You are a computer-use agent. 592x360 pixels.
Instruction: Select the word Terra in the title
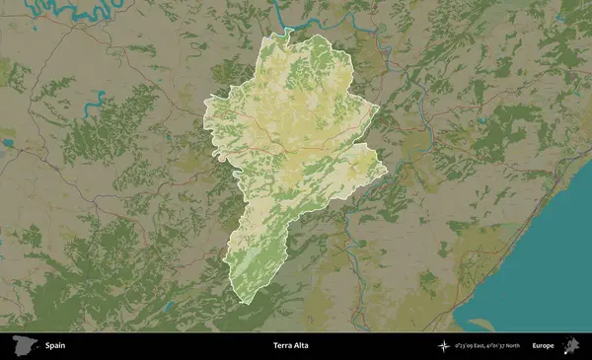[x=282, y=346]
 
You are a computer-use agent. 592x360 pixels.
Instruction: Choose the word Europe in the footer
[x=543, y=346]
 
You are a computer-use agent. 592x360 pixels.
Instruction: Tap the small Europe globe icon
[x=570, y=345]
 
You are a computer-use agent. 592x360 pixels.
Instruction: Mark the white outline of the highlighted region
[x=205, y=118]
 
